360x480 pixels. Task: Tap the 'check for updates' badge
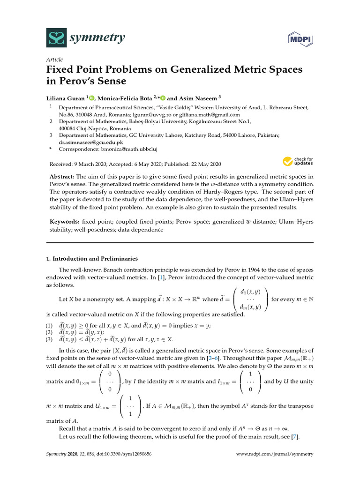tap(298, 162)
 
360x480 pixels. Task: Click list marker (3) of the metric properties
tap(49, 339)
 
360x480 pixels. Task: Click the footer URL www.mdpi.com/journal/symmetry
tap(274, 454)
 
